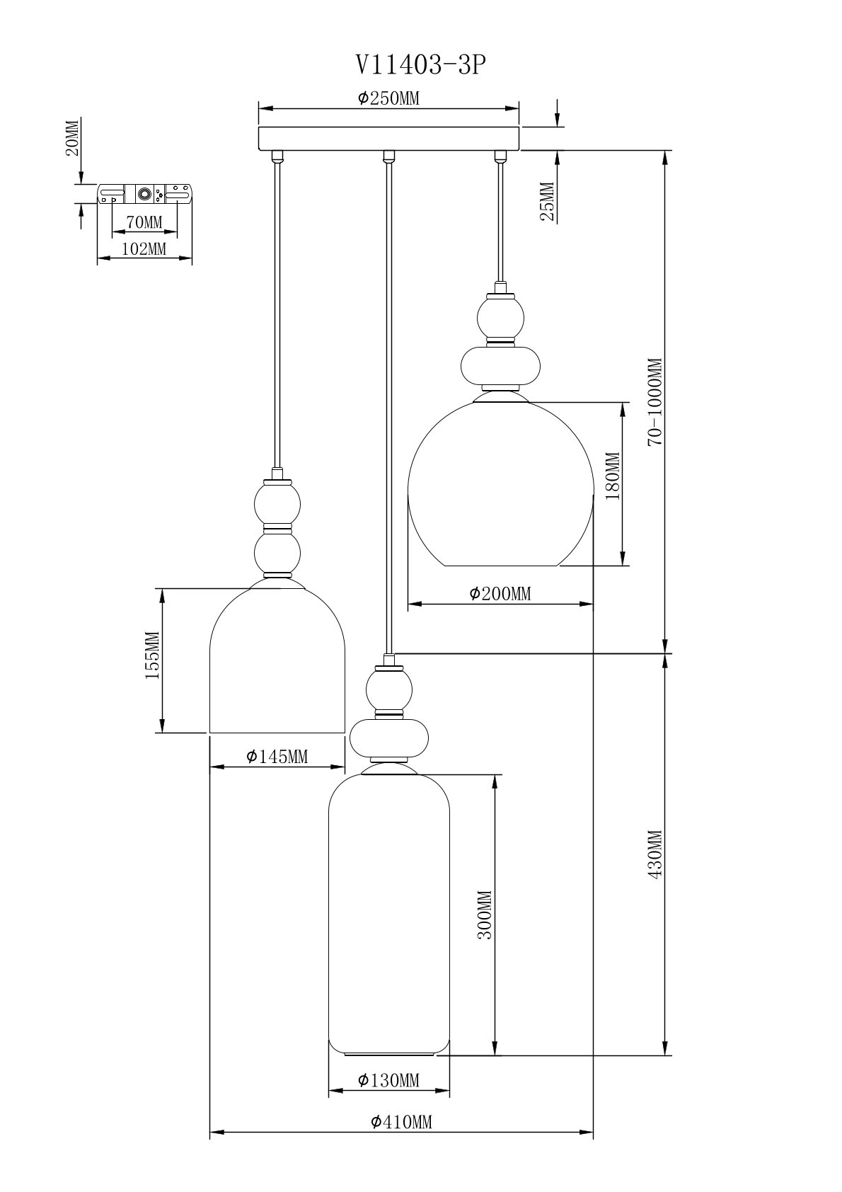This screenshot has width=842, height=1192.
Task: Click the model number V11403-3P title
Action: pos(420,65)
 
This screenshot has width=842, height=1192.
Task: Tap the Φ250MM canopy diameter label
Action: pos(388,98)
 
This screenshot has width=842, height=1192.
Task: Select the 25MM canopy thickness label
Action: pos(548,200)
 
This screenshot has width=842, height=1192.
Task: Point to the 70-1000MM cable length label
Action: pos(655,401)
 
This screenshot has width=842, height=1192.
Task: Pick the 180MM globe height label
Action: pos(613,476)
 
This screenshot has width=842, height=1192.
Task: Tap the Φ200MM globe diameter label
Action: pos(500,593)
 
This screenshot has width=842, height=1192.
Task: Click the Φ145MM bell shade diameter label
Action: pos(277,756)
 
